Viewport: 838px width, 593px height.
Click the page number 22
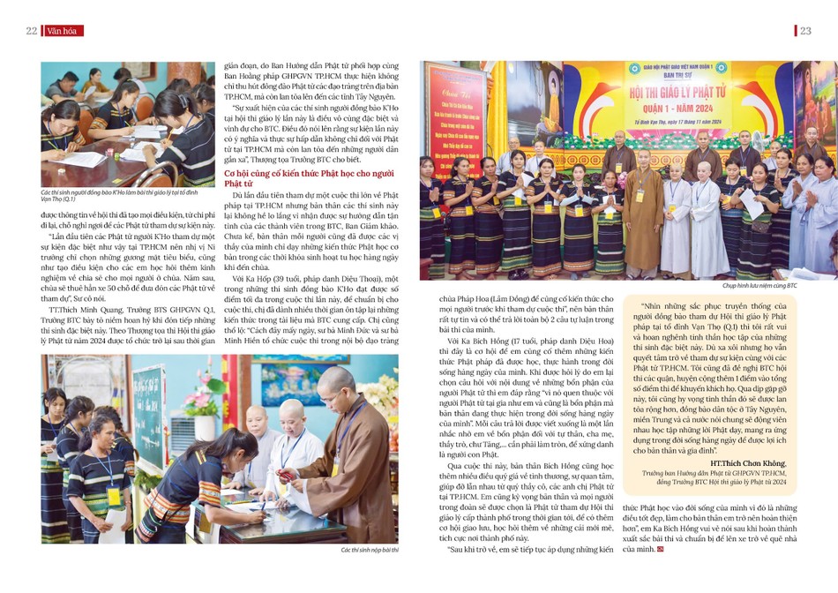coord(31,31)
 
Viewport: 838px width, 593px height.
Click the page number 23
coord(804,31)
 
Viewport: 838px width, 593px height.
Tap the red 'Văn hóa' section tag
coord(61,31)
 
